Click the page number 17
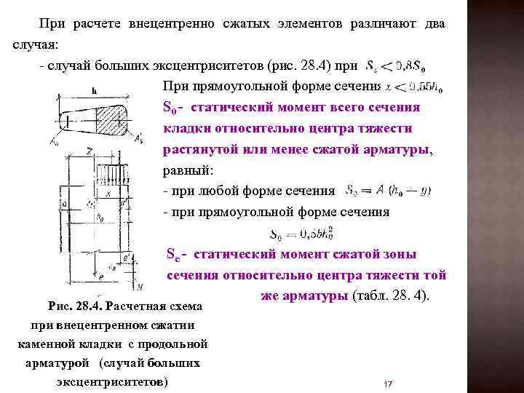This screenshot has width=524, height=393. pyautogui.click(x=388, y=384)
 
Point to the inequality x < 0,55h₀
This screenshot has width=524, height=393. pyautogui.click(x=413, y=87)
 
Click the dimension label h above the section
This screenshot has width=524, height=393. pyautogui.click(x=94, y=92)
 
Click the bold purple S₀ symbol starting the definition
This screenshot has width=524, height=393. pyautogui.click(x=171, y=108)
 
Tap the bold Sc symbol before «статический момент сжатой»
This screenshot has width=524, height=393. pyautogui.click(x=174, y=255)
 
